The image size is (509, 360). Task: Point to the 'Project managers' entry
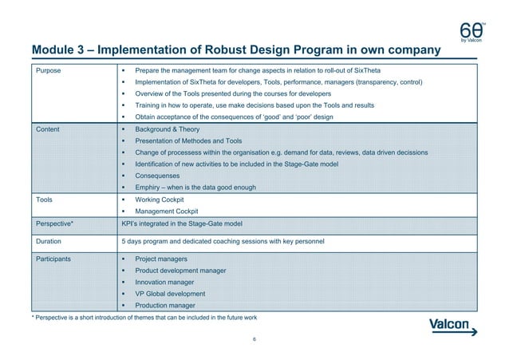point(162,259)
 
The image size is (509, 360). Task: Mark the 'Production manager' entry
point(168,306)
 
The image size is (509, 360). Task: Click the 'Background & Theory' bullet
point(168,129)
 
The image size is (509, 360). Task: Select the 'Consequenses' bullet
point(158,176)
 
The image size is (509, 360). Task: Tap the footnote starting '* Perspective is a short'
point(144,319)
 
